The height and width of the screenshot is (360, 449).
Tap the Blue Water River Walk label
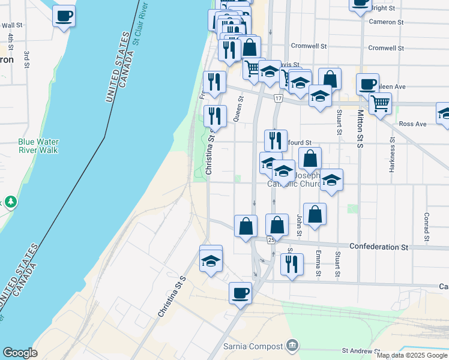[38, 146]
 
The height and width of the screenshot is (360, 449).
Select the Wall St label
[12, 26]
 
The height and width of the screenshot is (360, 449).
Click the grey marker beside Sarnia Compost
[292, 346]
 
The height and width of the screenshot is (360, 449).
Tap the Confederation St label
[378, 247]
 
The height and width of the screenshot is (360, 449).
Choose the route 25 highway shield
[271, 240]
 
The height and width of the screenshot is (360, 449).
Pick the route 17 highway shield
[278, 97]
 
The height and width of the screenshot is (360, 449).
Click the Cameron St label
[386, 22]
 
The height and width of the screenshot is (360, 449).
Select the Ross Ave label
[412, 124]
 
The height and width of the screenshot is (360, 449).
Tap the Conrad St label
[426, 224]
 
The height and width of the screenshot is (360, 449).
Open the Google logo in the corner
[20, 353]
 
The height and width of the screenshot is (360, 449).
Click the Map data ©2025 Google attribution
[412, 355]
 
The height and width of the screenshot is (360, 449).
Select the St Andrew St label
[361, 350]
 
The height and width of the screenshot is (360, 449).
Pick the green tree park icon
[10, 201]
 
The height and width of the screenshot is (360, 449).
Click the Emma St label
[319, 264]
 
